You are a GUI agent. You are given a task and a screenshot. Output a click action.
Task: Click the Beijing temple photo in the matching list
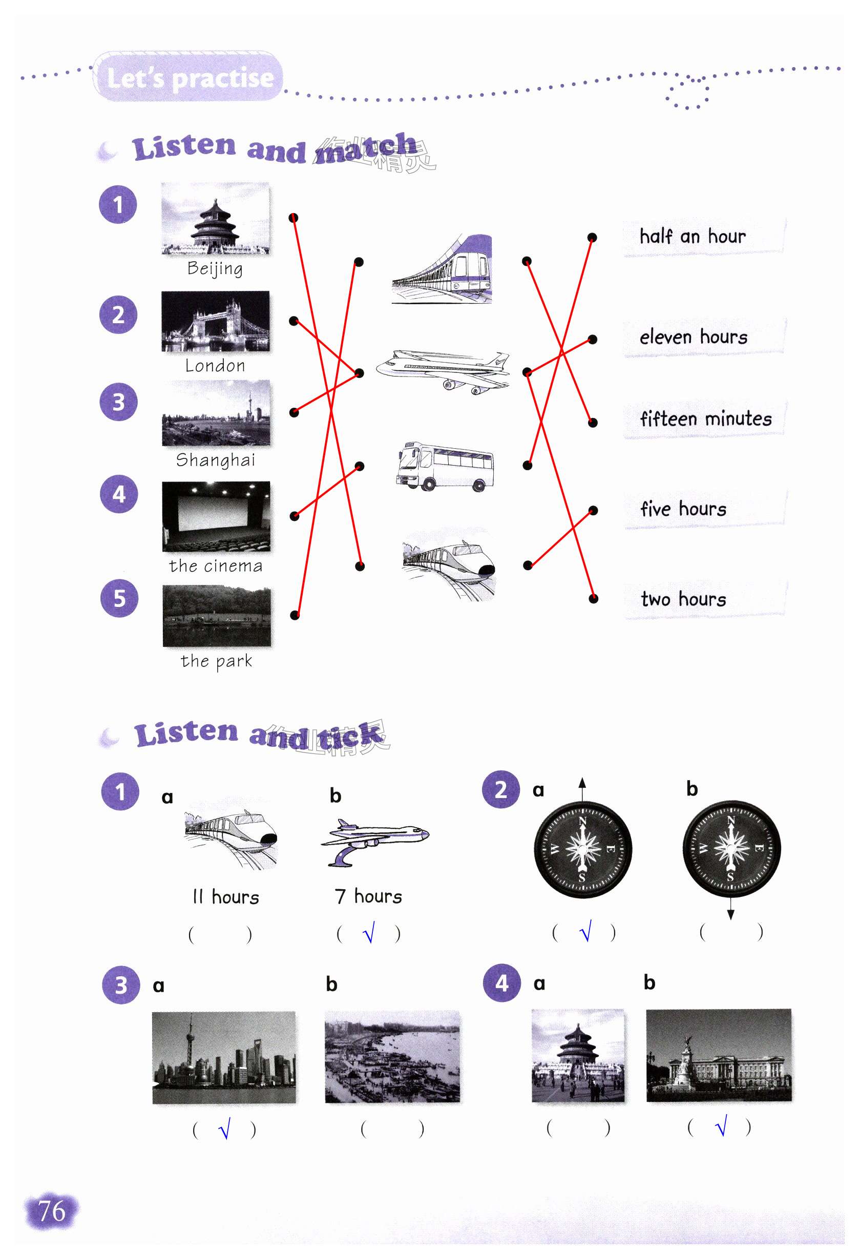pyautogui.click(x=215, y=219)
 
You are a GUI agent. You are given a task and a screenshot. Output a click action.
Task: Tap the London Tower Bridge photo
pyautogui.click(x=215, y=321)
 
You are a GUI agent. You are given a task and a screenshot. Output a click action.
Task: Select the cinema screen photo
pyautogui.click(x=216, y=516)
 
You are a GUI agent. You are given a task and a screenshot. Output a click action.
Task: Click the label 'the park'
pyautogui.click(x=216, y=660)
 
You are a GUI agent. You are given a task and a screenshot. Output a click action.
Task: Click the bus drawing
pyautogui.click(x=445, y=466)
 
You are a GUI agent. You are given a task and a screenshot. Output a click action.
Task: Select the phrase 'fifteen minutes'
pyautogui.click(x=705, y=419)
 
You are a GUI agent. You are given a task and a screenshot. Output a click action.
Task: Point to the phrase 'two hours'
pyautogui.click(x=683, y=599)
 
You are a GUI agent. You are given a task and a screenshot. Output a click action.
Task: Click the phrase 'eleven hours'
pyautogui.click(x=693, y=337)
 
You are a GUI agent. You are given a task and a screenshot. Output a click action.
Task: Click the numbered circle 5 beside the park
pyautogui.click(x=119, y=598)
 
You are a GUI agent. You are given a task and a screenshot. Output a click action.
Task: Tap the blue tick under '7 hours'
pyautogui.click(x=369, y=933)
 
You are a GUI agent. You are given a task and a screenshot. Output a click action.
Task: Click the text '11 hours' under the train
pyautogui.click(x=226, y=897)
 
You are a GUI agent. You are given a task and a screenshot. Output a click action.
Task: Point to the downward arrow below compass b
pyautogui.click(x=730, y=911)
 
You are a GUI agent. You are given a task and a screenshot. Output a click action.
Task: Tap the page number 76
pyautogui.click(x=51, y=1211)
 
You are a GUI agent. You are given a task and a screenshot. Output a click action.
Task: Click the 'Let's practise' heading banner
pyautogui.click(x=189, y=77)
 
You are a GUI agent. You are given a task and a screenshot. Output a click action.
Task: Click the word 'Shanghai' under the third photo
pyautogui.click(x=216, y=460)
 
